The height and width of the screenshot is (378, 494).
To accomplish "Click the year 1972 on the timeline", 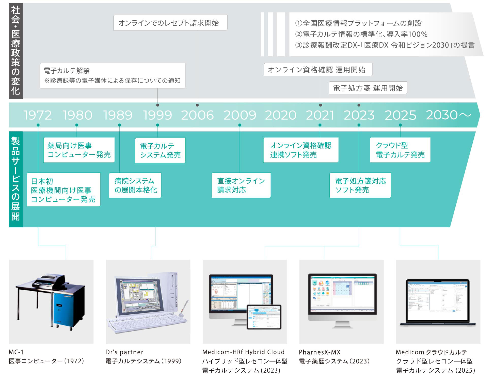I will (38, 115).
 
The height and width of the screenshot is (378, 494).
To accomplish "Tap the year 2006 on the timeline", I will (197, 115).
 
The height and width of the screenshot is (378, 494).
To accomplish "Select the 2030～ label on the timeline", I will (448, 115).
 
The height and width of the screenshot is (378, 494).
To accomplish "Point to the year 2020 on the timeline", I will (280, 115).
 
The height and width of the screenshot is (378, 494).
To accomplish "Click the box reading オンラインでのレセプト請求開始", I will (170, 23).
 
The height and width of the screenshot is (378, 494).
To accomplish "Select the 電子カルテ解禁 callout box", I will (112, 75).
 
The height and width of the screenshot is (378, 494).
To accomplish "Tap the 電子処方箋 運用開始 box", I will (368, 88).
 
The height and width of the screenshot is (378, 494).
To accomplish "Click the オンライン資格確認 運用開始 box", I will (318, 70).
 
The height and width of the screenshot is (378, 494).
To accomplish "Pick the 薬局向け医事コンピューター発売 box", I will (79, 150).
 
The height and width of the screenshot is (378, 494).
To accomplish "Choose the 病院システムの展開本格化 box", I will (135, 185).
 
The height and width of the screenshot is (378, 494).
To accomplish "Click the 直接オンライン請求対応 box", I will (241, 185).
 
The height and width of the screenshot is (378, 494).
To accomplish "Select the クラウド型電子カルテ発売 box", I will (400, 150).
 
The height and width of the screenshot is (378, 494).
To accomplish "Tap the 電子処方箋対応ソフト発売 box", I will (360, 185).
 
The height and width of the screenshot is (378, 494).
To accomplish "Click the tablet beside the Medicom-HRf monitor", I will (264, 317).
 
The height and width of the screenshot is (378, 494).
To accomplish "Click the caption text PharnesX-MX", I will (320, 352).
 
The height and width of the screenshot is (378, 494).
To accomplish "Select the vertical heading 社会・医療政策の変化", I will (16, 51).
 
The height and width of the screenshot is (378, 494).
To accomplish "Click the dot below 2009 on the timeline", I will (240, 125).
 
